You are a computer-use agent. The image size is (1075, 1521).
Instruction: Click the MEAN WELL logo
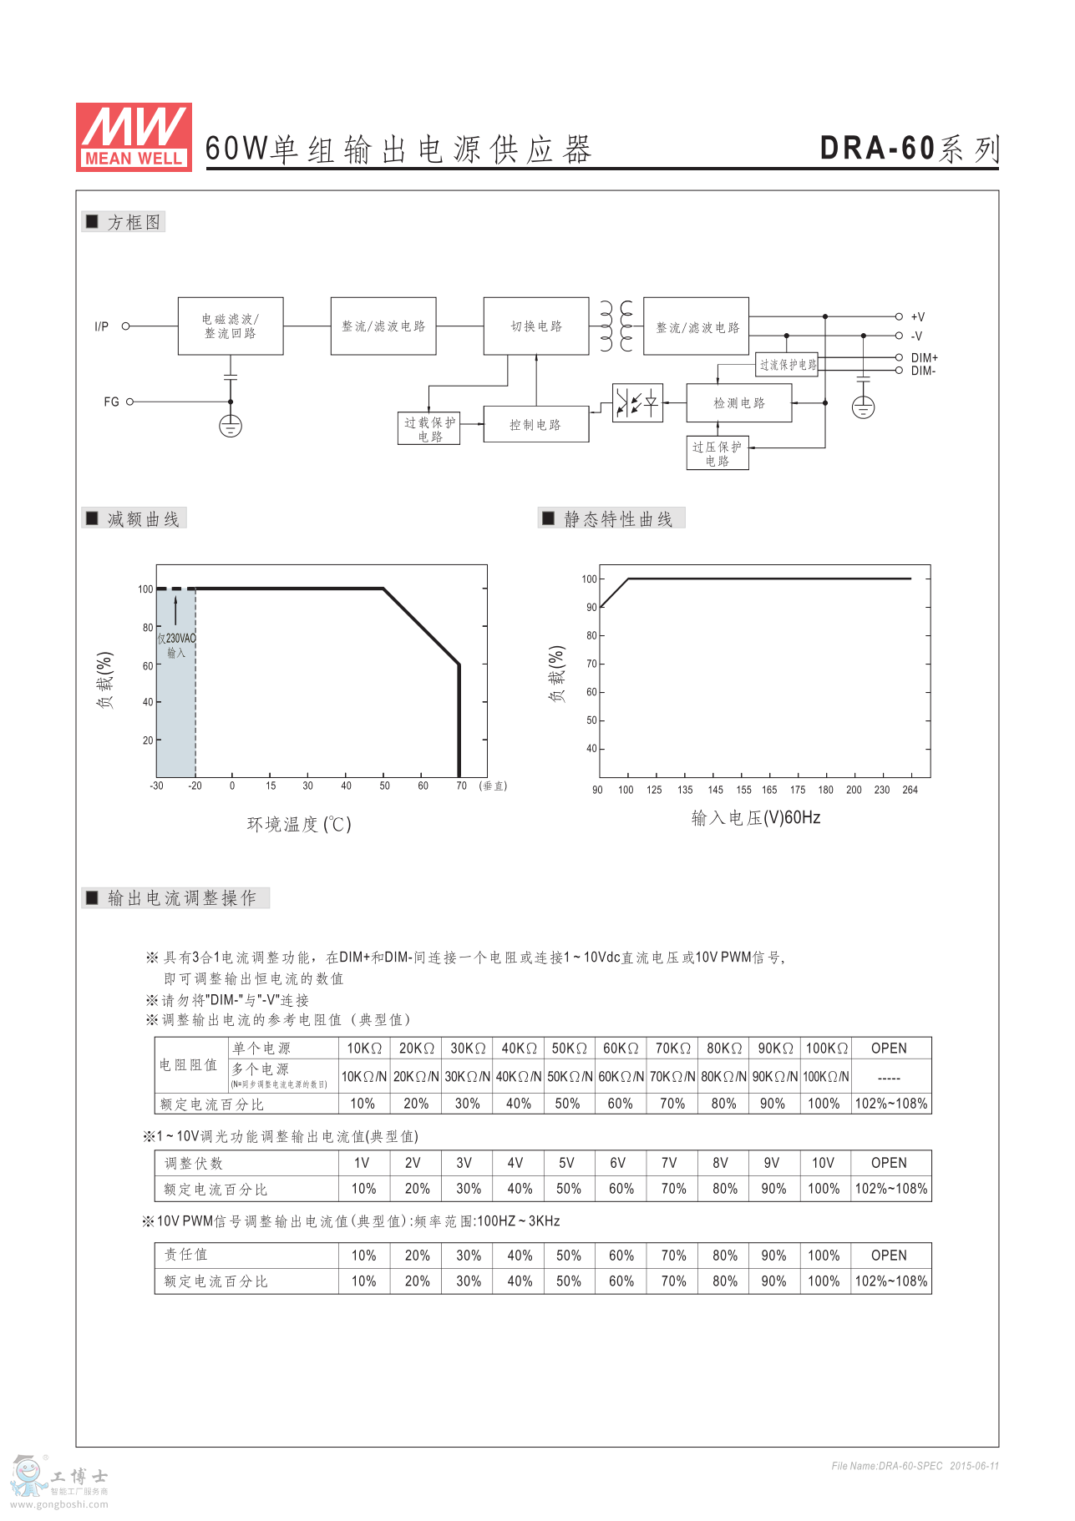(x=134, y=137)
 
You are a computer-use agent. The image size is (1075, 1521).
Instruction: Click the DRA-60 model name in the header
(x=877, y=149)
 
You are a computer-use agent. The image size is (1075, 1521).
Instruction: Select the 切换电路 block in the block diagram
(x=536, y=326)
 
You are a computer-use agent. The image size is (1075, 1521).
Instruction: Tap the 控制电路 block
(x=535, y=425)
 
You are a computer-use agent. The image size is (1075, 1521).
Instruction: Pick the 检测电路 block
(x=738, y=403)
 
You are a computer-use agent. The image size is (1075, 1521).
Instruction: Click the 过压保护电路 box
(x=717, y=453)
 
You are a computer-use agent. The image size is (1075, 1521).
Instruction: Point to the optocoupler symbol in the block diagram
(x=637, y=403)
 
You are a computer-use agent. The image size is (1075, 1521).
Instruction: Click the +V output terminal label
(x=918, y=317)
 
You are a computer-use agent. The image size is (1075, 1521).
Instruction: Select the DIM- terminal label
(x=923, y=371)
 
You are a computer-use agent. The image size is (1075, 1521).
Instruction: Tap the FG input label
(x=111, y=402)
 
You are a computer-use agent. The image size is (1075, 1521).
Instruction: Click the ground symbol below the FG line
(x=231, y=427)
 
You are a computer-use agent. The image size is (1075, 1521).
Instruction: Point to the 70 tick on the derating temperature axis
(x=461, y=786)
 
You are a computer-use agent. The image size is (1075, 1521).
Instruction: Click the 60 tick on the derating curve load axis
(x=148, y=666)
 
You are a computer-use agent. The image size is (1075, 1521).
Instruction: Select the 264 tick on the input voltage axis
(x=910, y=790)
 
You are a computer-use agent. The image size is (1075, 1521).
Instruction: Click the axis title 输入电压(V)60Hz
(x=755, y=818)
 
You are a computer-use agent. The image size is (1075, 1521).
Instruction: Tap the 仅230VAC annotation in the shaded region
(x=176, y=639)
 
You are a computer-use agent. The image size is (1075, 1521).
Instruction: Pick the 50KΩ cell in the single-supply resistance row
(x=569, y=1049)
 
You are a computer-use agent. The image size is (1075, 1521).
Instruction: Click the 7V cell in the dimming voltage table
(x=669, y=1163)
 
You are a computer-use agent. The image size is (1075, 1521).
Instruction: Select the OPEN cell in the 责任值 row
(x=889, y=1256)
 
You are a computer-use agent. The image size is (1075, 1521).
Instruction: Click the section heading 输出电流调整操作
(x=181, y=898)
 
